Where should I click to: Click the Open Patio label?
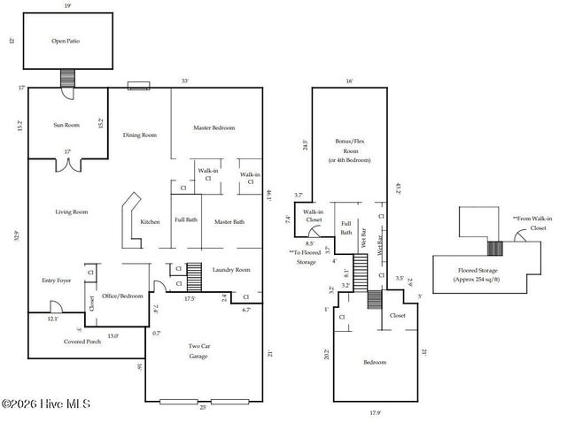click(66, 42)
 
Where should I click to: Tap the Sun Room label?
click(66, 126)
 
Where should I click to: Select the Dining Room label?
click(139, 135)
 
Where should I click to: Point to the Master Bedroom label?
click(214, 128)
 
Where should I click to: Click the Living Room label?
click(72, 211)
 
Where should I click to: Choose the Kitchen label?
click(151, 221)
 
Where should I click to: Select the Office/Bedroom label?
click(122, 296)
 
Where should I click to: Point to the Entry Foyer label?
click(56, 281)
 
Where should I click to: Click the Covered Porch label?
click(82, 341)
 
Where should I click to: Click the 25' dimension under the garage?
click(204, 407)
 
